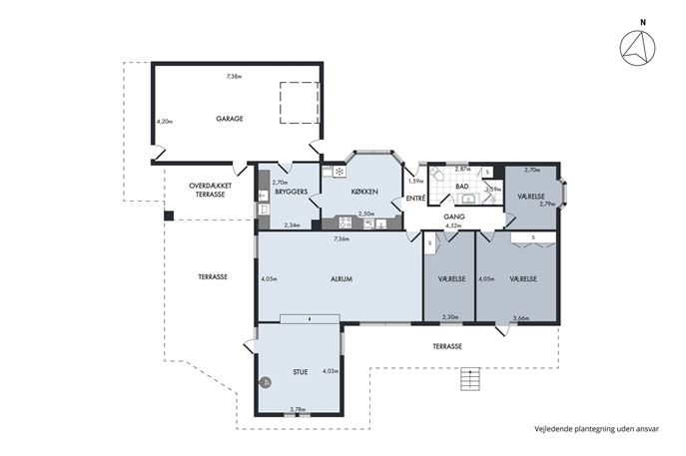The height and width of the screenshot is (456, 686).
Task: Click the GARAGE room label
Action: tap(230, 119)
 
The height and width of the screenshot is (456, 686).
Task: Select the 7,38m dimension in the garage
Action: tap(234, 77)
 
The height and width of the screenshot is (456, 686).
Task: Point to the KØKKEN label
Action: tap(364, 192)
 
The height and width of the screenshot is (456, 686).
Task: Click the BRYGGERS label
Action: tap(292, 192)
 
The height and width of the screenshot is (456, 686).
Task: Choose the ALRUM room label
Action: tap(342, 279)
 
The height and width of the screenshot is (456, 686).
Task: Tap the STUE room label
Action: tap(301, 372)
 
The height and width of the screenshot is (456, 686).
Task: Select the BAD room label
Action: tap(462, 187)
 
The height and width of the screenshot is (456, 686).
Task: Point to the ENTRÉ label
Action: tap(415, 198)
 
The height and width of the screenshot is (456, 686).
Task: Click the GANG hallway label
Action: tap(454, 217)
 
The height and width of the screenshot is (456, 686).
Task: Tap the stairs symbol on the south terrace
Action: tap(470, 378)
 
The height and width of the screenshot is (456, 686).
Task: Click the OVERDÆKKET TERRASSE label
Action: tap(210, 190)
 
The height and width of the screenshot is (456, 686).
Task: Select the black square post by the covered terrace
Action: tap(169, 216)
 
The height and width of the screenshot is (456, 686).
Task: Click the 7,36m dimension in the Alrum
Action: tap(342, 238)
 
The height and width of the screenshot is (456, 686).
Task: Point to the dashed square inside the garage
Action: tap(300, 103)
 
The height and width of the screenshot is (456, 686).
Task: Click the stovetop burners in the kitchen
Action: tap(345, 223)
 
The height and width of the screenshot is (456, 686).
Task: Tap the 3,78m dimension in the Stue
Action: tap(298, 409)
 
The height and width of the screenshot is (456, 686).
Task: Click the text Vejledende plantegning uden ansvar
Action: tap(596, 429)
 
